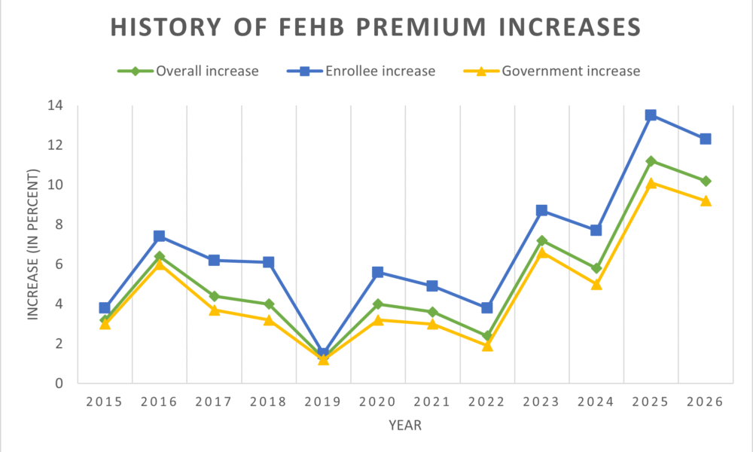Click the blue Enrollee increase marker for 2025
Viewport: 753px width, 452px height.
tap(651, 115)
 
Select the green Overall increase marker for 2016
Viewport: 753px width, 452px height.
tap(160, 256)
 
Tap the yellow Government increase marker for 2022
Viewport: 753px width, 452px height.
tap(487, 346)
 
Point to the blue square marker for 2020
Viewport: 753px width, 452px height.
tap(378, 272)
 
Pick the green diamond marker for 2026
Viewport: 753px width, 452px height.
tap(706, 181)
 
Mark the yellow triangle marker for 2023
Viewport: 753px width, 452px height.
tap(541, 252)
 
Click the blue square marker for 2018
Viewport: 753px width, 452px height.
tap(269, 262)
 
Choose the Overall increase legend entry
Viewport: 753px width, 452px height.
tap(188, 72)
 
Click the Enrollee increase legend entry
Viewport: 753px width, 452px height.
tap(361, 72)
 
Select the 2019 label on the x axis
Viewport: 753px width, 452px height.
tap(323, 402)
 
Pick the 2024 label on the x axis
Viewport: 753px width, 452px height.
tap(596, 402)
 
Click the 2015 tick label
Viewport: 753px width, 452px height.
tap(105, 402)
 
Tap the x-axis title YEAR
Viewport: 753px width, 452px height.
tap(405, 426)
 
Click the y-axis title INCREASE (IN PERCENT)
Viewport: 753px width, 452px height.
tap(33, 245)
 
